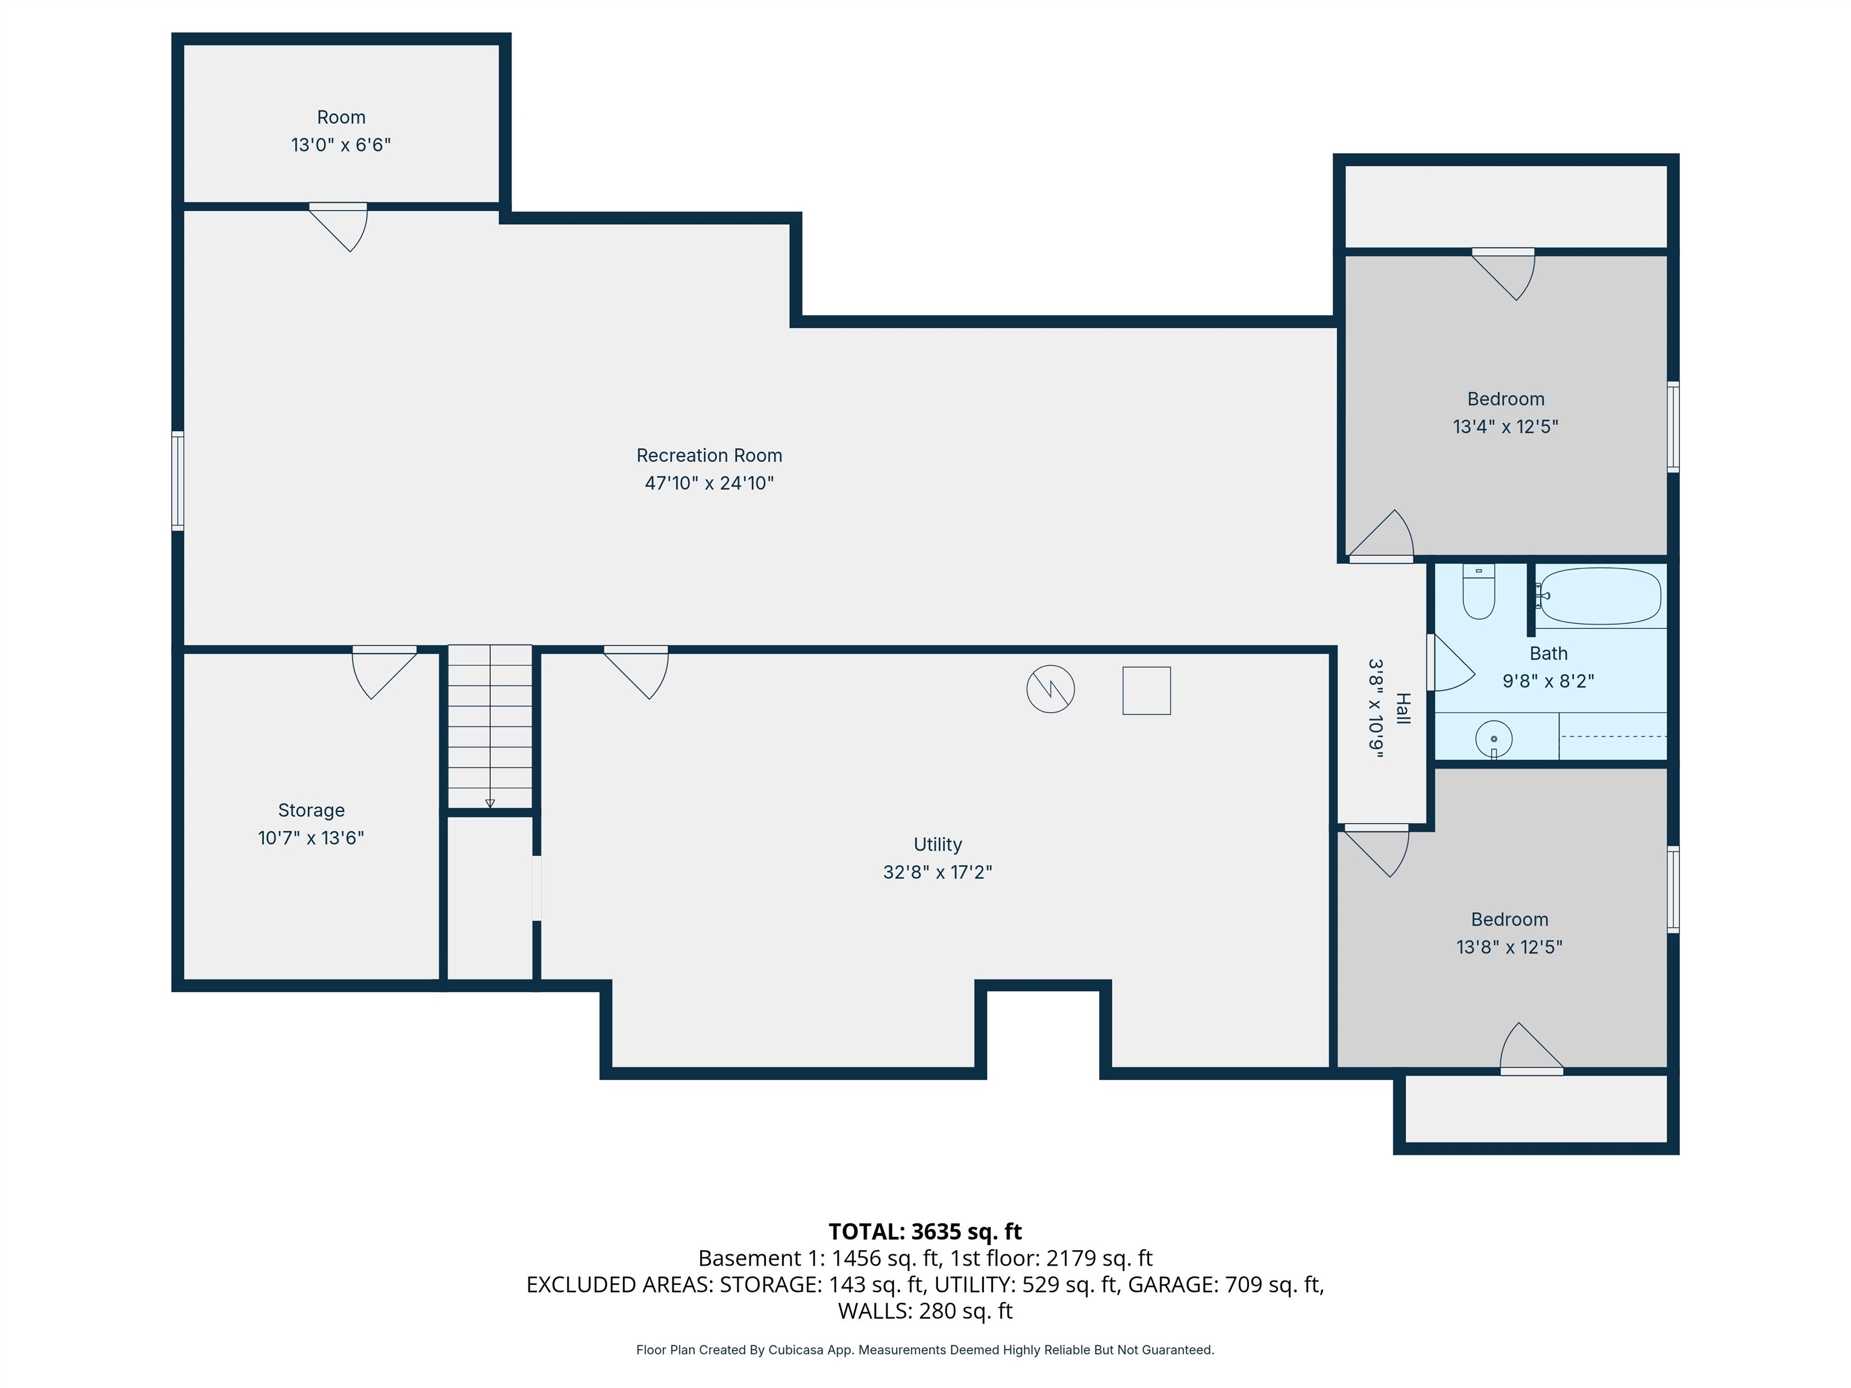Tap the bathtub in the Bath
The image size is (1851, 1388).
coord(1600,596)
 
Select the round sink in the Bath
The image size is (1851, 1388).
coord(1494,739)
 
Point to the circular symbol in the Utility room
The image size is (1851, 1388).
coord(1050,689)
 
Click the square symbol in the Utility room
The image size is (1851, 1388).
coord(1147,690)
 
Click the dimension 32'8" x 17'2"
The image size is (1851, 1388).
coord(937,872)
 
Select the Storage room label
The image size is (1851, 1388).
coord(312,810)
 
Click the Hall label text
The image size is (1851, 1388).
coord(1403,708)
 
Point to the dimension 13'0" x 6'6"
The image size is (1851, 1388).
coord(340,145)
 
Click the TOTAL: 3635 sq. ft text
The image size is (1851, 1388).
coord(925,1231)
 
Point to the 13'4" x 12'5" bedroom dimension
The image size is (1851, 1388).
coord(1505,427)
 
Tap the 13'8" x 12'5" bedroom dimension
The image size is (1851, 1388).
coord(1509,947)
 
